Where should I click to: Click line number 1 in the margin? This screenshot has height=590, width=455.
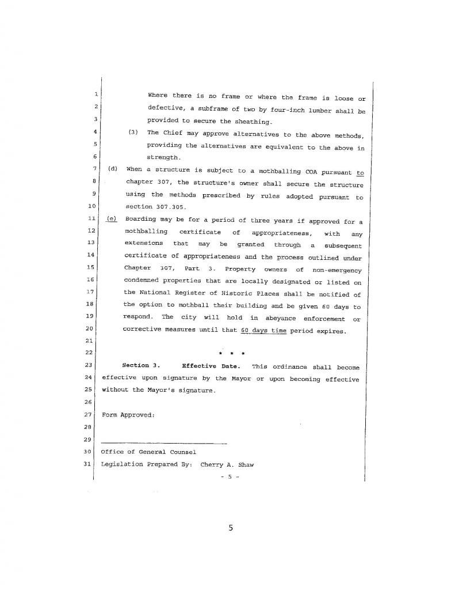click(x=95, y=93)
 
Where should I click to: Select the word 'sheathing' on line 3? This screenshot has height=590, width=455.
click(x=250, y=122)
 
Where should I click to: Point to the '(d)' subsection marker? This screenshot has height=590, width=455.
click(x=113, y=169)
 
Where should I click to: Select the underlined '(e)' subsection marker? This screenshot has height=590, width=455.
click(x=112, y=220)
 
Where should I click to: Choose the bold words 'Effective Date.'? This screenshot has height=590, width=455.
click(x=211, y=366)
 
